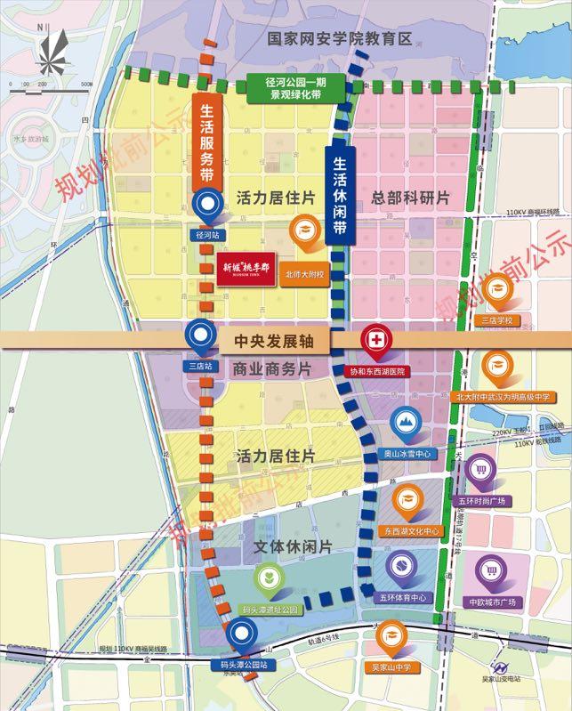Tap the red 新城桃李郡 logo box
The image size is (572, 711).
[246, 267]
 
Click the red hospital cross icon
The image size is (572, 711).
[374, 340]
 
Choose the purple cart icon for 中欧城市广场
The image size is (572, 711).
[491, 570]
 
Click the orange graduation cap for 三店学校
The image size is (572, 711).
[497, 287]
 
